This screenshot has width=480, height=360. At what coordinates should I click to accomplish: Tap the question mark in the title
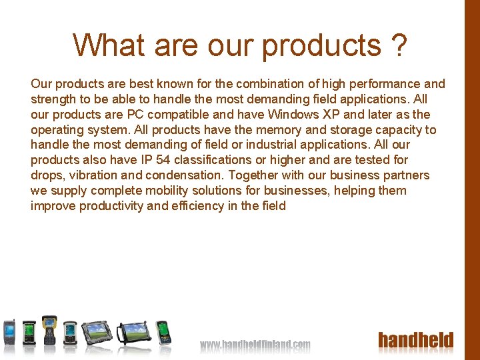tap(399, 45)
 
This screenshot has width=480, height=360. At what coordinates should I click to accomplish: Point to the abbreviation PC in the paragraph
tap(137, 115)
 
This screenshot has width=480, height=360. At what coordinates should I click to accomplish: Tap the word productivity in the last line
tap(111, 206)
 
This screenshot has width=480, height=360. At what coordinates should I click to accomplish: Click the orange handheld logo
tap(415, 341)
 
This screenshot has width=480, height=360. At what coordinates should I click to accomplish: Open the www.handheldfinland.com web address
tap(255, 345)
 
